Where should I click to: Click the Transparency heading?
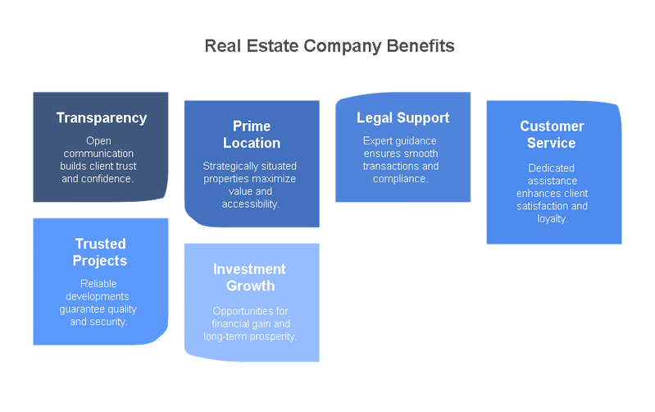pyautogui.click(x=102, y=118)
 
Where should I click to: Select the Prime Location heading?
pyautogui.click(x=252, y=135)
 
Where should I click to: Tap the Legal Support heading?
pyautogui.click(x=403, y=118)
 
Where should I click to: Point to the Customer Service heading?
pyautogui.click(x=552, y=135)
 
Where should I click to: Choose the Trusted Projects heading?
pyautogui.click(x=100, y=253)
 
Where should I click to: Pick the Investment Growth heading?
pyautogui.click(x=249, y=278)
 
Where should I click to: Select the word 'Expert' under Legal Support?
pyautogui.click(x=378, y=141)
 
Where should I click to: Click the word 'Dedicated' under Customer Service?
pyautogui.click(x=552, y=168)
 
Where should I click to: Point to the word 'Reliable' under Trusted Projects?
pyautogui.click(x=98, y=284)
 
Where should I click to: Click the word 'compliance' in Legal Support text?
pyautogui.click(x=399, y=179)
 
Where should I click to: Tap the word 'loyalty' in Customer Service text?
pyautogui.click(x=551, y=219)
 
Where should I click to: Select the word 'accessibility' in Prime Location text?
pyautogui.click(x=249, y=204)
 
